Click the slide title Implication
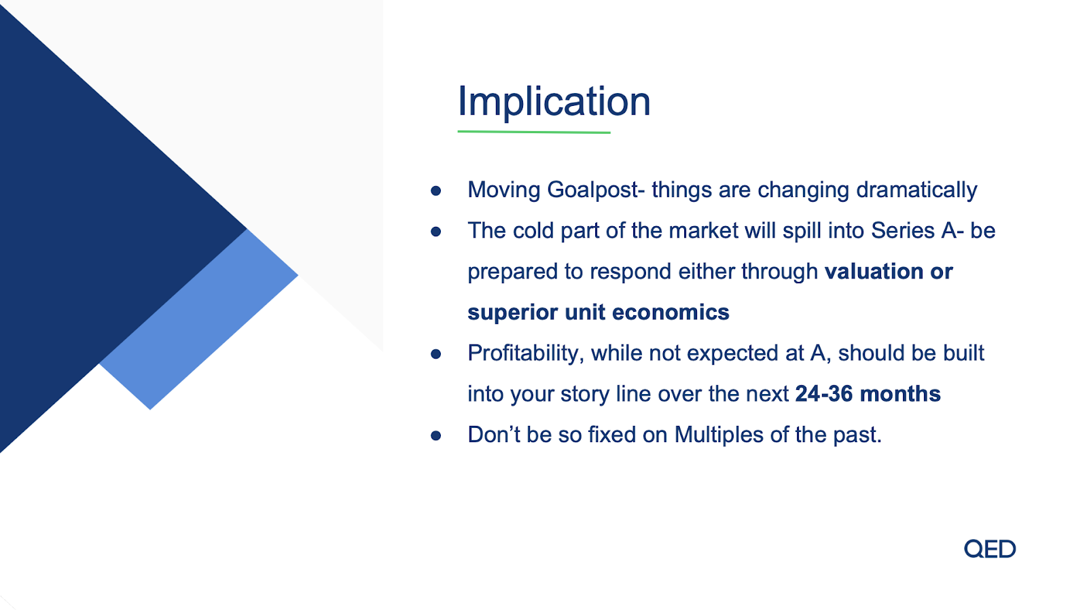[554, 101]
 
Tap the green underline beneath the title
[534, 132]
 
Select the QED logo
[989, 549]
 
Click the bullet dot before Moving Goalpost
[435, 191]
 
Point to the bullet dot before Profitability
[435, 354]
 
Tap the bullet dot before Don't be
[435, 435]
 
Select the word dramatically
[916, 190]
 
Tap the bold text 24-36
[824, 393]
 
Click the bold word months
[900, 393]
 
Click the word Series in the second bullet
[903, 230]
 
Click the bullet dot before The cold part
[435, 232]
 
